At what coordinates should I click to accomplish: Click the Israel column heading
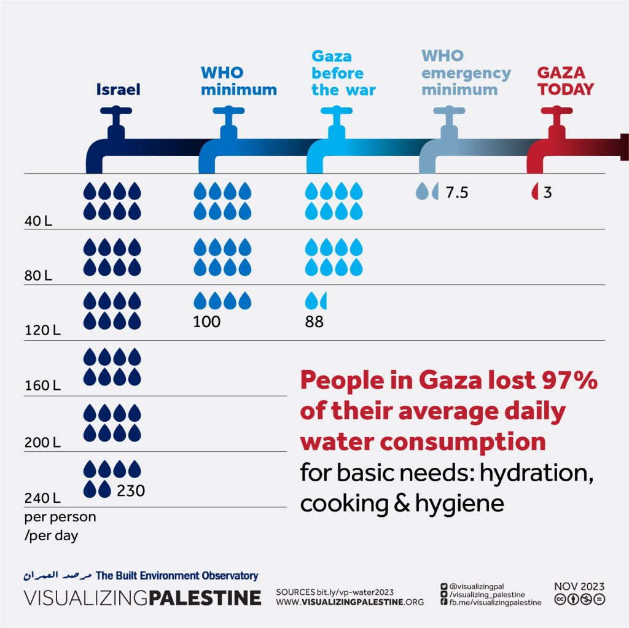click(118, 90)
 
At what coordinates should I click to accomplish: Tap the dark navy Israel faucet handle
click(117, 113)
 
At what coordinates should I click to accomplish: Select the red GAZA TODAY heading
click(565, 81)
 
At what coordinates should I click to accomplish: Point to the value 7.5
click(457, 193)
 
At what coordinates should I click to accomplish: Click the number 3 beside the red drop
click(547, 193)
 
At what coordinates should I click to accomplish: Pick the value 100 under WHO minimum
click(206, 322)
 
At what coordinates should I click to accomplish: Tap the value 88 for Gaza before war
click(314, 322)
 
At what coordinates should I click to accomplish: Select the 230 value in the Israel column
click(131, 491)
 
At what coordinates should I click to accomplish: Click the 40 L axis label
click(37, 220)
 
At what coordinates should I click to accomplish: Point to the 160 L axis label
click(42, 387)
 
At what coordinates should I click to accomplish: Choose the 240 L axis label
click(42, 497)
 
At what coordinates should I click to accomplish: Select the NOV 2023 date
click(579, 586)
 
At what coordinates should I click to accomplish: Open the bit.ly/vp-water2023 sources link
click(355, 591)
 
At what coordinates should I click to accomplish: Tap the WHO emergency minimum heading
click(466, 73)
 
